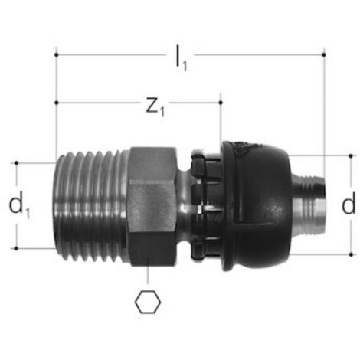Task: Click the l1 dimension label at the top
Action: [182, 58]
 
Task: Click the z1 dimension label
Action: [155, 106]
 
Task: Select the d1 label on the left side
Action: [19, 205]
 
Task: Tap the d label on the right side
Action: [349, 204]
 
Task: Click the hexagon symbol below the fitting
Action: [148, 302]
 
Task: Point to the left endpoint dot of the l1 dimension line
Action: [57, 54]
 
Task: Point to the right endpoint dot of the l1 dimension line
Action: [324, 54]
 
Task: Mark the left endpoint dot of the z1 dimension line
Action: [57, 103]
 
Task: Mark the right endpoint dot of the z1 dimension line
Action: [221, 103]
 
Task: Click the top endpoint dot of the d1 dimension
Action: [17, 163]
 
